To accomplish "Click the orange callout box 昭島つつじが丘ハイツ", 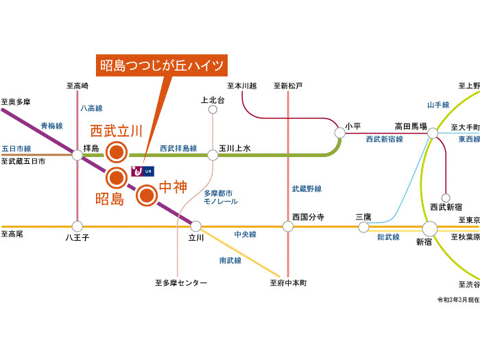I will [162, 66].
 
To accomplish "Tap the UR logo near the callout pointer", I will [142, 169].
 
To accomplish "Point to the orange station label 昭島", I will [109, 200].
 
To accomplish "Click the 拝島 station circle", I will [77, 156].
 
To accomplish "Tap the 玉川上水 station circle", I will [213, 156].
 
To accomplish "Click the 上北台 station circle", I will [213, 109].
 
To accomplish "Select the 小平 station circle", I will [339, 132].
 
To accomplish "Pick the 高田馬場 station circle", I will [432, 134].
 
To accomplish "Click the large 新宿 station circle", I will [430, 228].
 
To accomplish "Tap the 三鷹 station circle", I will [363, 227].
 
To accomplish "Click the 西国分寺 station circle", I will [289, 226].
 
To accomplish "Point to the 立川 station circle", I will [196, 226].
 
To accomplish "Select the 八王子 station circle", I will [77, 226].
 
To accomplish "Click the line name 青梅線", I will [51, 126].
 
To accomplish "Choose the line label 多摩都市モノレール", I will [221, 197].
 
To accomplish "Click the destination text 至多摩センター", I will [180, 283].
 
